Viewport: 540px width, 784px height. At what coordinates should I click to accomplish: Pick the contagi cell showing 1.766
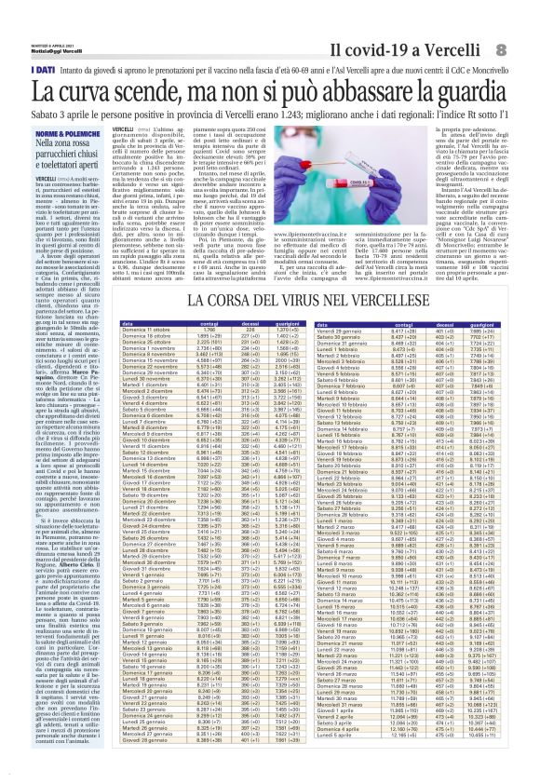[x=209, y=329]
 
